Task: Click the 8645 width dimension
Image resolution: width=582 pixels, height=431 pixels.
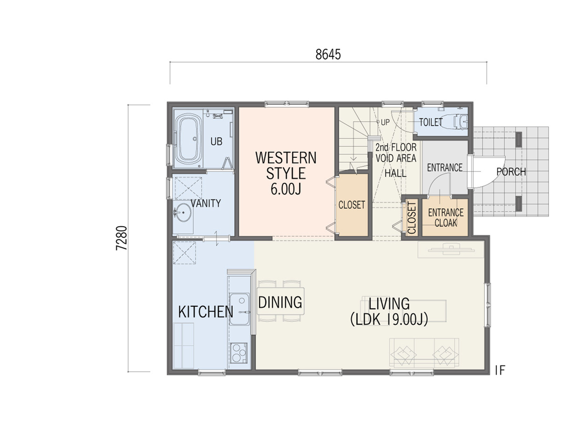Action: [x=328, y=55]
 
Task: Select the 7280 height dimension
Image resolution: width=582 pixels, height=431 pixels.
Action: [x=122, y=238]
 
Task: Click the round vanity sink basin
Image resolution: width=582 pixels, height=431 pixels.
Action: [x=183, y=212]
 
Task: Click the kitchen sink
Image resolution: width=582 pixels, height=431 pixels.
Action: [x=239, y=309]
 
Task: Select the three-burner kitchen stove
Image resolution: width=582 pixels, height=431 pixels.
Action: [x=239, y=353]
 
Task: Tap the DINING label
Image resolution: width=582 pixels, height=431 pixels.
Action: [x=280, y=302]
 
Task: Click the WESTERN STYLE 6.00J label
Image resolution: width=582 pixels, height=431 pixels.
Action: [x=286, y=173]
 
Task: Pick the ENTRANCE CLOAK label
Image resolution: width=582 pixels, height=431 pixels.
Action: [x=446, y=218]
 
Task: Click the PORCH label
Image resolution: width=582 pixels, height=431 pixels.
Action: [x=511, y=172]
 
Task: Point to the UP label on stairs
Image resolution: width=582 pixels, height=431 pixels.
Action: [x=385, y=122]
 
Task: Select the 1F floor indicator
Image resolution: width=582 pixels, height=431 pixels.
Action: [x=500, y=370]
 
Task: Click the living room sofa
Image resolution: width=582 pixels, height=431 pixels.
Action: [x=424, y=353]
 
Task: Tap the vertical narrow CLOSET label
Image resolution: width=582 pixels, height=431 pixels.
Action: [x=412, y=218]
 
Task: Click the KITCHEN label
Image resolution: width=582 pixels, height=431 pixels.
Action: [x=206, y=312]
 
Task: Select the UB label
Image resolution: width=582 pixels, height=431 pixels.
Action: [x=216, y=142]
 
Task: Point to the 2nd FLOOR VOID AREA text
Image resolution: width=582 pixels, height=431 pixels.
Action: [x=396, y=153]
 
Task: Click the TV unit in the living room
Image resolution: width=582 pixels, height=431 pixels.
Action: [x=451, y=249]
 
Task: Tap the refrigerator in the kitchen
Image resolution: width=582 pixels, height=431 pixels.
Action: [x=183, y=346]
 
